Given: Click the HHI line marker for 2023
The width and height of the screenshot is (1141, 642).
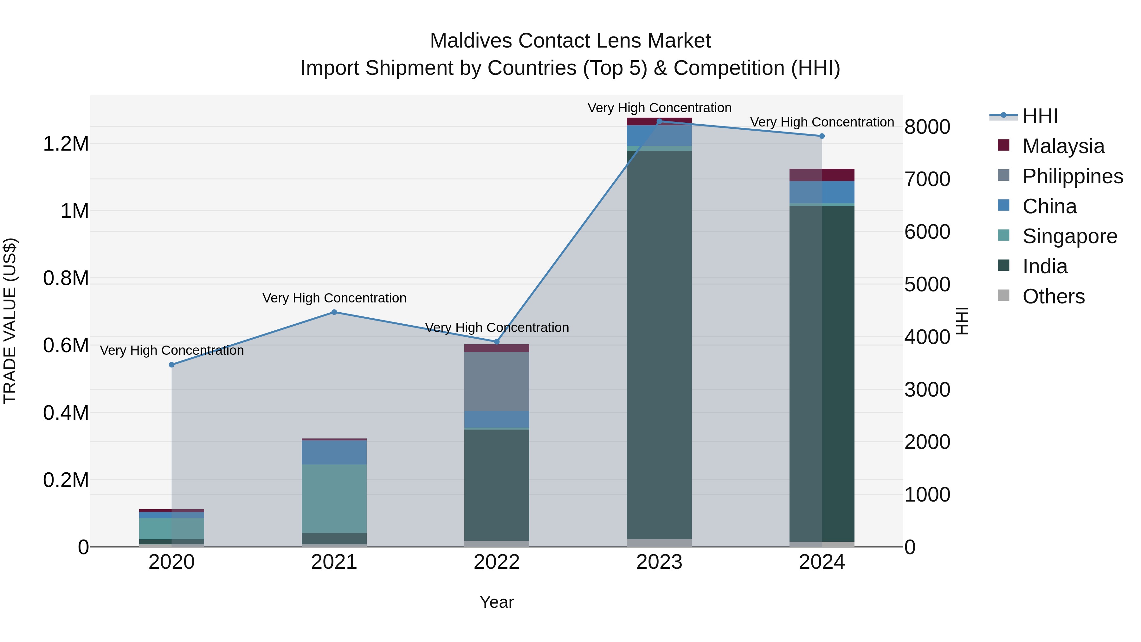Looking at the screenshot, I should click(x=659, y=121).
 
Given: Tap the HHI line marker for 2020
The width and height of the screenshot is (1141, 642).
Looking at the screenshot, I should click(x=172, y=365).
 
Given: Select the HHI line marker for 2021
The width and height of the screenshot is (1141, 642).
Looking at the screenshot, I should click(x=334, y=312).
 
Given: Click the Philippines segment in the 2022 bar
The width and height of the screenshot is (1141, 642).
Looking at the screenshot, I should click(x=497, y=381).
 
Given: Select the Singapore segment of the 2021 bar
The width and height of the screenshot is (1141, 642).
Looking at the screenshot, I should click(x=334, y=498).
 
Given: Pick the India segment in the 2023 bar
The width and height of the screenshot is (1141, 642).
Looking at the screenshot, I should click(x=659, y=346).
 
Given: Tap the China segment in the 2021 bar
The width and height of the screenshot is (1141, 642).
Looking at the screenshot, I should click(x=334, y=452).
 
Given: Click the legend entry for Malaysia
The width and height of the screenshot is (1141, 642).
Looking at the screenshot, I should click(x=1063, y=146).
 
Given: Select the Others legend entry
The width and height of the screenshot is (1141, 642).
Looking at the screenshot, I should click(x=1053, y=296).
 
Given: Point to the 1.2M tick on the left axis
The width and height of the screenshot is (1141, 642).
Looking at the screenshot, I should click(x=66, y=144).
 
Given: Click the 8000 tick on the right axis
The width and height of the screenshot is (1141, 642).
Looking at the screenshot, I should click(x=927, y=127).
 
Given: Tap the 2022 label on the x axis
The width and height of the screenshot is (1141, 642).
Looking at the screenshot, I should click(x=497, y=562).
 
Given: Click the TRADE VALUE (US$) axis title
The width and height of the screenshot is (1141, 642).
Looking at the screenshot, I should click(x=10, y=321).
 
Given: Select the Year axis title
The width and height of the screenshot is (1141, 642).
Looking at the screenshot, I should click(x=497, y=602).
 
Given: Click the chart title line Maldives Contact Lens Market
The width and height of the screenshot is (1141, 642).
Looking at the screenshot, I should click(x=570, y=41).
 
